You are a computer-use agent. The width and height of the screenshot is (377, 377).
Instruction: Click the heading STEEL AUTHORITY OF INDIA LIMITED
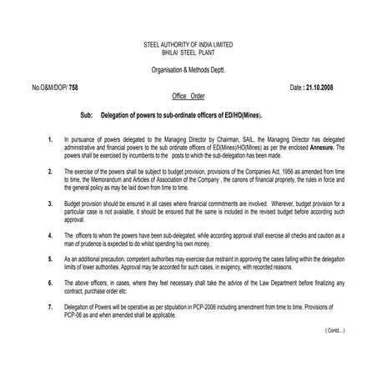pyautogui.click(x=188, y=43)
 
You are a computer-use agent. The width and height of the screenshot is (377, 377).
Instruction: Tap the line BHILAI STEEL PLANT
pyautogui.click(x=188, y=51)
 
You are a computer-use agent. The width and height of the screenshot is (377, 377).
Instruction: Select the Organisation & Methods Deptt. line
pyautogui.click(x=188, y=69)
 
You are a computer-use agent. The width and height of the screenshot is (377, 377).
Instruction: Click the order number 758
pyautogui.click(x=74, y=87)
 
